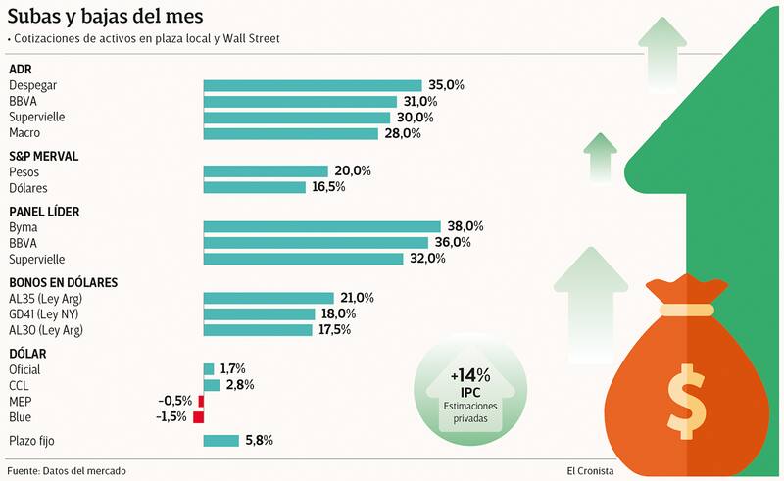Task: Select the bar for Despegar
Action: click(x=312, y=86)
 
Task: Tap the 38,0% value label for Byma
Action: click(x=465, y=226)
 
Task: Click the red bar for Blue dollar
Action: click(x=199, y=417)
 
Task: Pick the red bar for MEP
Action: click(x=201, y=401)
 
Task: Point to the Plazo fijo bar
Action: click(x=220, y=441)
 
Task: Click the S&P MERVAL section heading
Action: click(x=43, y=156)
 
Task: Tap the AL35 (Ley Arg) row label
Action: click(x=48, y=298)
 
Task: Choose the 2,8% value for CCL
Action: click(x=239, y=385)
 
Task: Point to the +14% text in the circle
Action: click(x=470, y=376)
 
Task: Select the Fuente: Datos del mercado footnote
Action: click(x=68, y=470)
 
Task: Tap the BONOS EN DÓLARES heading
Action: click(x=63, y=282)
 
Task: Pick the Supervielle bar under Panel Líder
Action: click(x=303, y=259)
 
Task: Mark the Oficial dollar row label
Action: click(x=25, y=369)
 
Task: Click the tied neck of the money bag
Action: click(x=685, y=309)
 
